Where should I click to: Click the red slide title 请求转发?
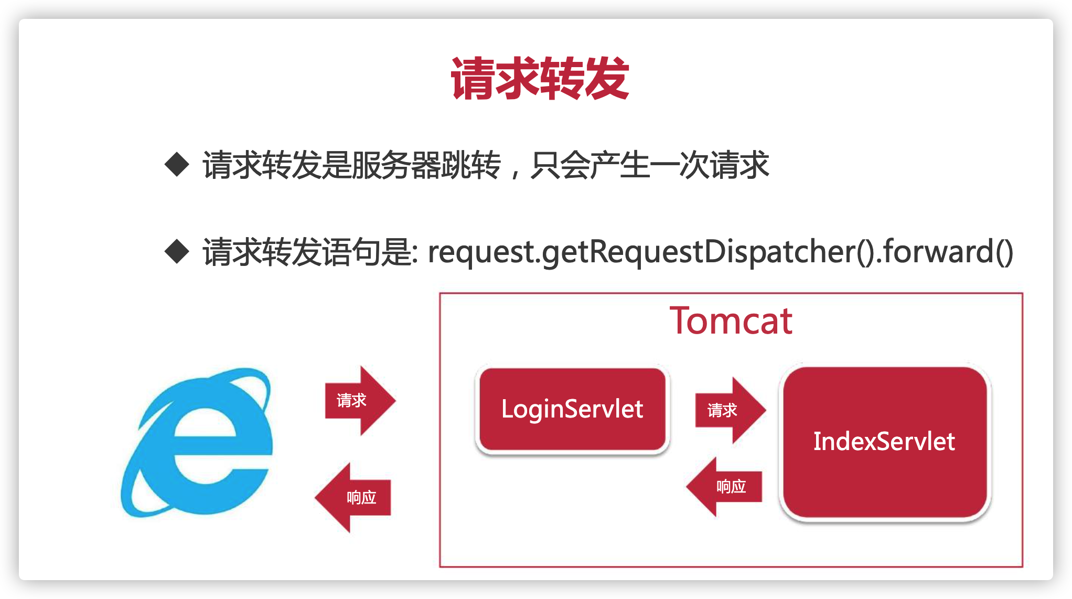point(540,79)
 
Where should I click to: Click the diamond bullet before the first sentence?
point(177,165)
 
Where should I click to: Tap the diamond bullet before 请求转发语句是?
point(177,251)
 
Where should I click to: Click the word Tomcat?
point(731,320)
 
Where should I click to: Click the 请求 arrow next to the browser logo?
point(360,401)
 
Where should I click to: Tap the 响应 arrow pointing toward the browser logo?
point(353,497)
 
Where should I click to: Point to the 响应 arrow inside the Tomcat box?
point(724,487)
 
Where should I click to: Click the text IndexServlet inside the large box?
point(884,441)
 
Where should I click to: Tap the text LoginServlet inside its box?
point(572,409)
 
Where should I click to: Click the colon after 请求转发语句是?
point(415,254)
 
